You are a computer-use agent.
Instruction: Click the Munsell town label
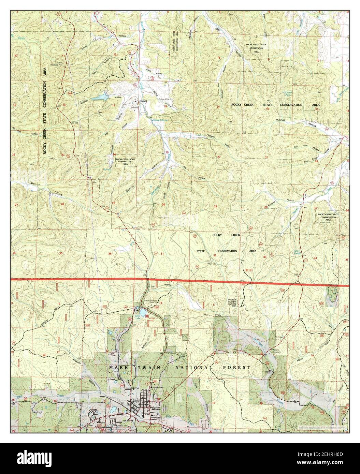pos(142,101)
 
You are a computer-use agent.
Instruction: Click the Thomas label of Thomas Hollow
pos(280,120)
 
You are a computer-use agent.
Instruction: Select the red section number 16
pos(268,109)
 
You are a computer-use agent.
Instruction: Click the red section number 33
pos(265,257)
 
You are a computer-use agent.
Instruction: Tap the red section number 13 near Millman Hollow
pos(114,106)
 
